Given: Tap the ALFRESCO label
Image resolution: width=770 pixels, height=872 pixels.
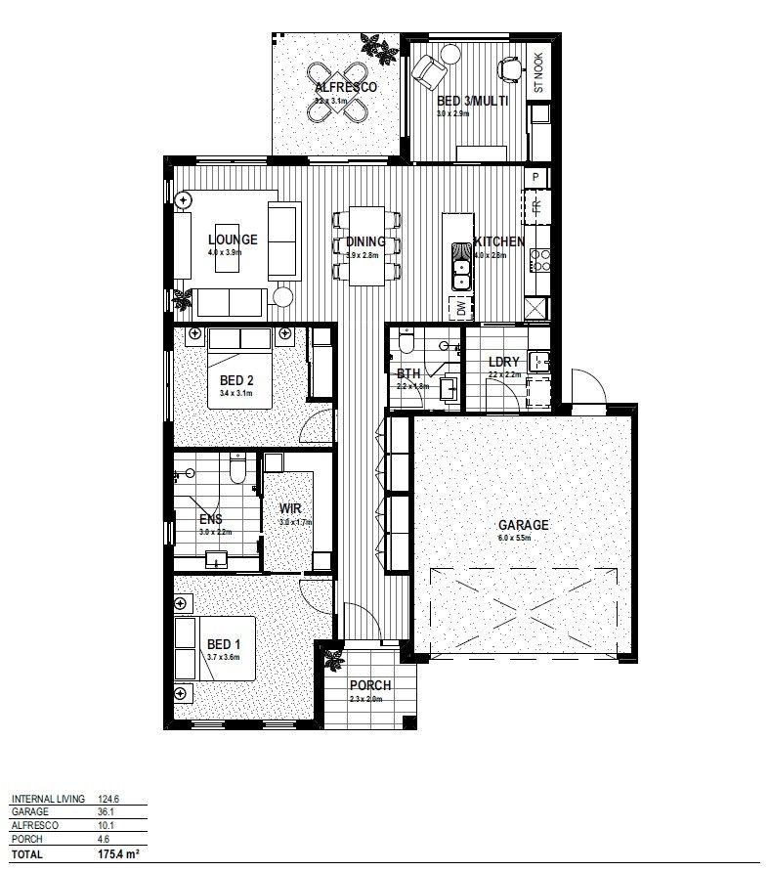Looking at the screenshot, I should tap(345, 87).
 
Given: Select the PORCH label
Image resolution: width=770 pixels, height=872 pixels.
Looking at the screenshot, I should tap(370, 684).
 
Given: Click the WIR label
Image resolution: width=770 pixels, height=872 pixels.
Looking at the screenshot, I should tap(290, 508).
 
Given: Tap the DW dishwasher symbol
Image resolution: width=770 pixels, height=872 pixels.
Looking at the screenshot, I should tap(461, 310).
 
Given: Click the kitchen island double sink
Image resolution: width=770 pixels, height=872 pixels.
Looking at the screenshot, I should tap(459, 266).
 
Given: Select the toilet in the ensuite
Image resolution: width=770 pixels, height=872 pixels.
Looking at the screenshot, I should tap(236, 471).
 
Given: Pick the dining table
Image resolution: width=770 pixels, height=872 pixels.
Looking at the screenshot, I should tap(365, 244).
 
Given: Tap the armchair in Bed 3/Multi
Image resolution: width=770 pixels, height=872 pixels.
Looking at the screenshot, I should tap(429, 70).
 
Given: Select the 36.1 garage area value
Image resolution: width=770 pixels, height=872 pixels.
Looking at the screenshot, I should tap(122, 811).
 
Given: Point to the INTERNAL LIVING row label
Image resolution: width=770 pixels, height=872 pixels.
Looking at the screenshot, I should tap(48, 798).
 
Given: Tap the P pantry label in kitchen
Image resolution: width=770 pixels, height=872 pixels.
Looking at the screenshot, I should tap(535, 177).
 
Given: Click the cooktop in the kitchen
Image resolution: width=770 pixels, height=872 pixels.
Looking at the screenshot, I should tap(538, 261).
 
